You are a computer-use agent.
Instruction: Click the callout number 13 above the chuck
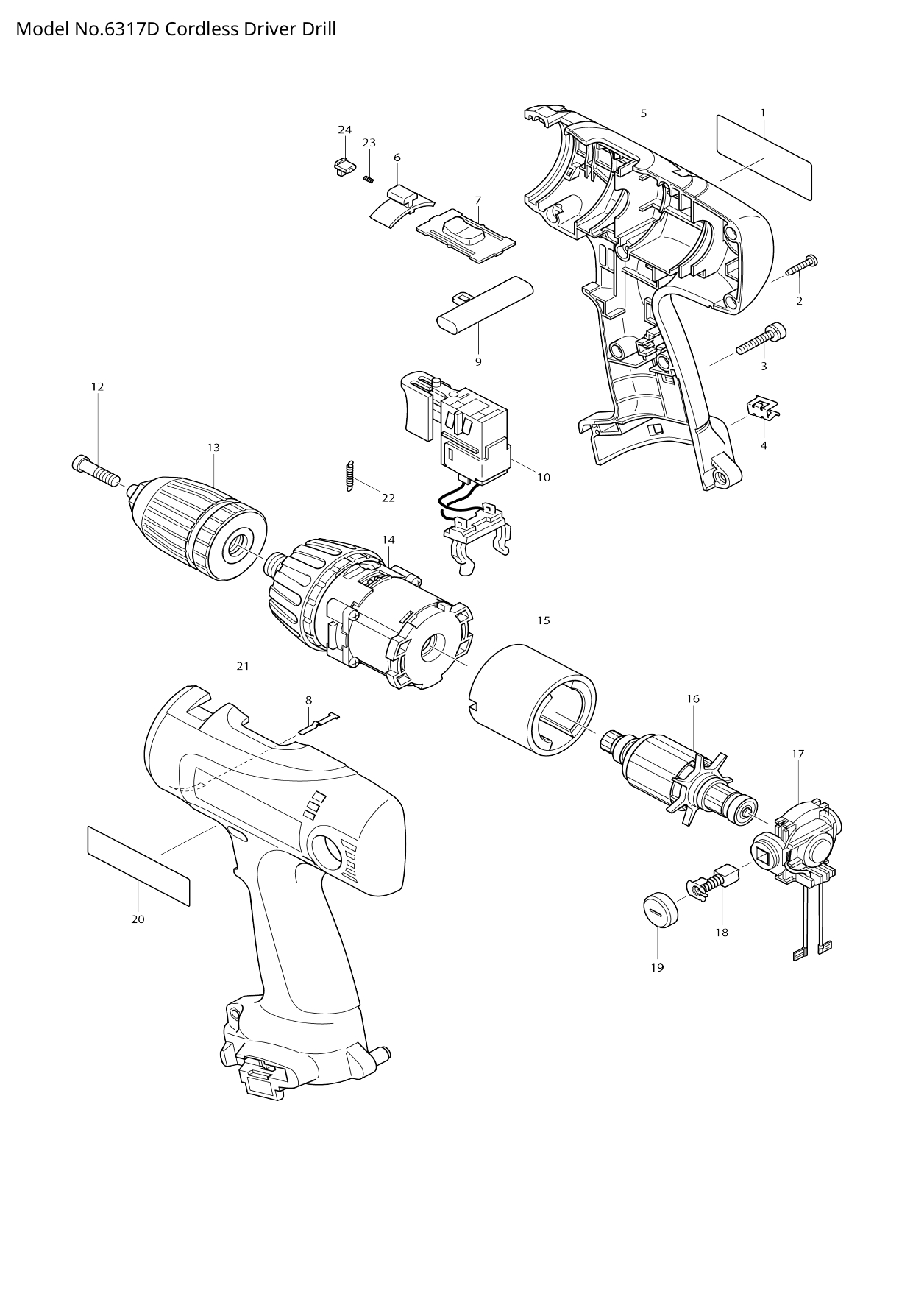coord(213,448)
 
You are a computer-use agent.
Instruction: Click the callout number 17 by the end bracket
coord(797,754)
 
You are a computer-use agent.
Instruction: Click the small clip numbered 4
coord(763,408)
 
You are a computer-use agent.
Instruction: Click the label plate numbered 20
coord(138,865)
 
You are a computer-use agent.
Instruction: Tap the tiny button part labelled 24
coord(339,166)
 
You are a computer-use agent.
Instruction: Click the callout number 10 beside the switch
coord(543,477)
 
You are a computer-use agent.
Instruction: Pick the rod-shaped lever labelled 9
coord(478,313)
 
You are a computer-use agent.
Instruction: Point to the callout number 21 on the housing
coord(243,666)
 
